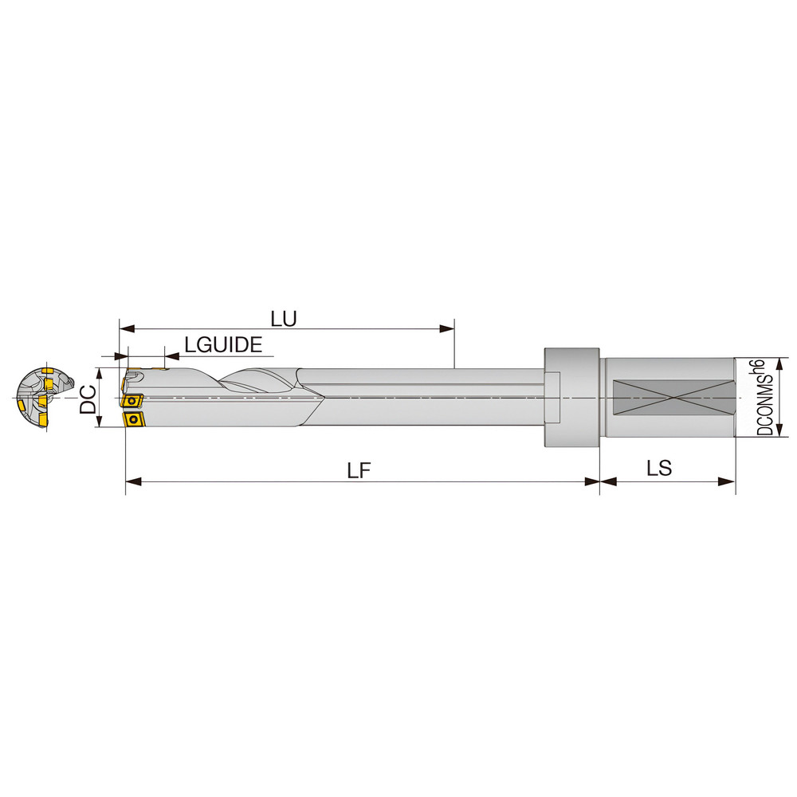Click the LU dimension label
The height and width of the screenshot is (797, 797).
tap(283, 319)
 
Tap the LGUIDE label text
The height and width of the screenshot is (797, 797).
tap(222, 345)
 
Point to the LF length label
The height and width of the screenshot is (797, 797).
tap(359, 470)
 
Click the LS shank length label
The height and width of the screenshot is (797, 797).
tap(659, 469)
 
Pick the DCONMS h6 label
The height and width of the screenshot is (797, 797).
tap(763, 397)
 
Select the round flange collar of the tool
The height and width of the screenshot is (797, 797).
tap(571, 398)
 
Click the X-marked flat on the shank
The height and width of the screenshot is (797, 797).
tap(670, 398)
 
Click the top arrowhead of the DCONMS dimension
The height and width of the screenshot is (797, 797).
tap(778, 363)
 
